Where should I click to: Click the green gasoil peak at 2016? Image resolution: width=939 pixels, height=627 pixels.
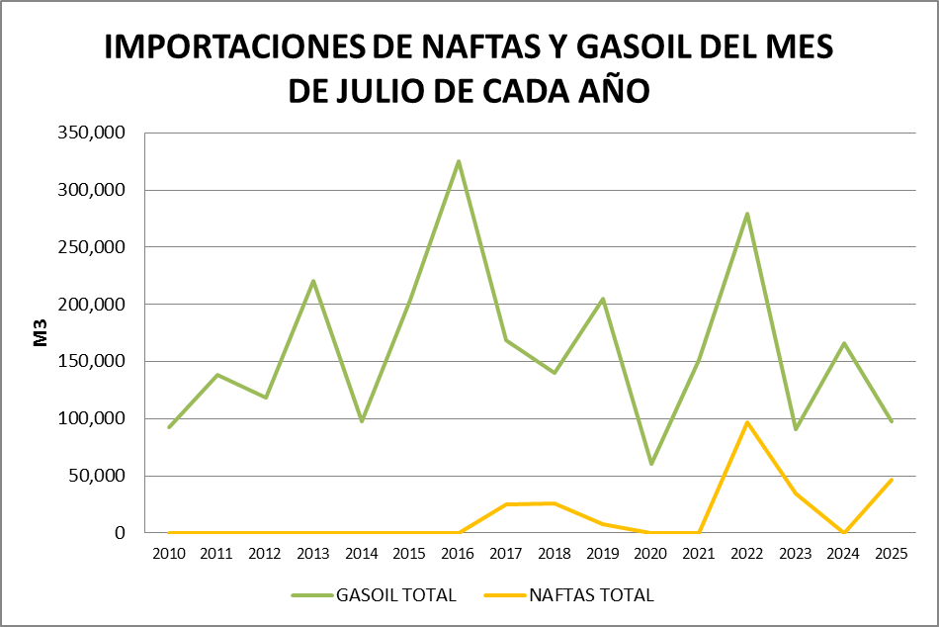tap(459, 161)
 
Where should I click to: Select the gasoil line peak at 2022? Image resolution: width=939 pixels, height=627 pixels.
tap(747, 214)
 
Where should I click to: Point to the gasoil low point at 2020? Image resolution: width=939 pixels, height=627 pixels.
tap(651, 464)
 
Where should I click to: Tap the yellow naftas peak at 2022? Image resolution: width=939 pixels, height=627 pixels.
tap(747, 422)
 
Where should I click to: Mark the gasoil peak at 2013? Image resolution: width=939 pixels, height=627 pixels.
tap(313, 281)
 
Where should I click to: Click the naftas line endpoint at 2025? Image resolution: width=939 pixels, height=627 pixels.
tap(892, 480)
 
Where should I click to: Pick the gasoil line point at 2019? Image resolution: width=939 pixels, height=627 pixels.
tap(603, 299)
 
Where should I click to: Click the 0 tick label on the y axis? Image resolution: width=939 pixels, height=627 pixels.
tap(120, 533)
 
